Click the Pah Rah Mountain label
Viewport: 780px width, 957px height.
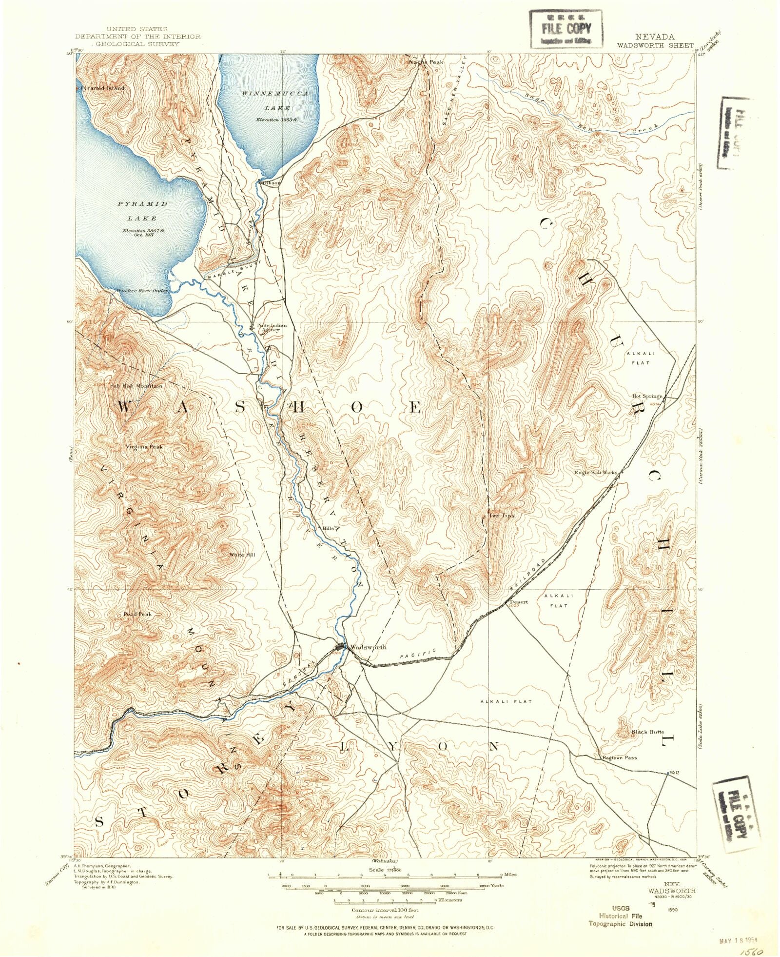pos(136,386)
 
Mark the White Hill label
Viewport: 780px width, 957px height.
pos(242,555)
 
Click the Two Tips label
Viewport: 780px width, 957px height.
pos(502,515)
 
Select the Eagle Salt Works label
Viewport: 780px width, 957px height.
pos(596,472)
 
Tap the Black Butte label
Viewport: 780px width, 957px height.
pos(648,732)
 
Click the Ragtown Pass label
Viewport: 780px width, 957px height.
pos(619,758)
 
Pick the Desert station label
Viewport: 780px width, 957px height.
pos(519,602)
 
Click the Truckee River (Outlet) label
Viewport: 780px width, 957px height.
pos(142,290)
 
